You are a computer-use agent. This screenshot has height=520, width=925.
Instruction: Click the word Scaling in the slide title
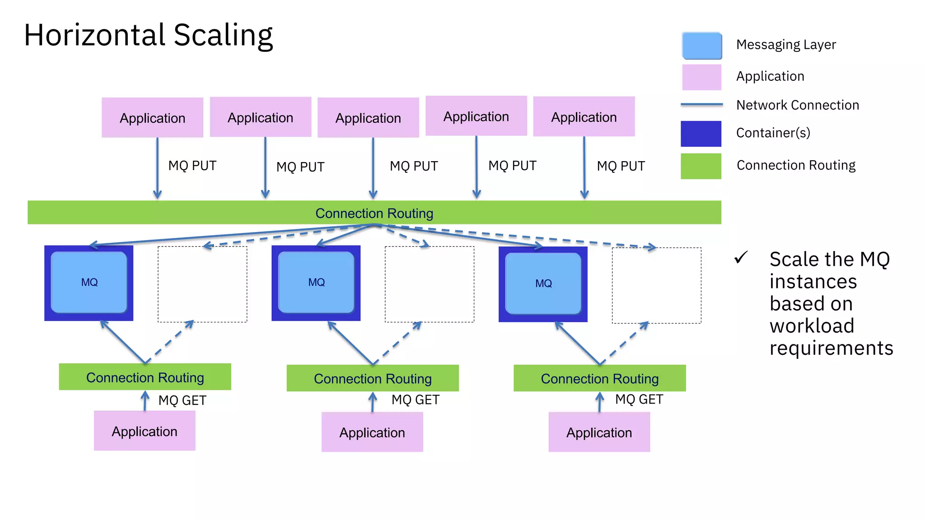point(223,35)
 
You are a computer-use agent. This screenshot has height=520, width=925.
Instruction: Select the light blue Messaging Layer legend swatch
point(701,46)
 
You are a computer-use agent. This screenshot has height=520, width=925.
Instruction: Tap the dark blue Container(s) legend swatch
point(701,134)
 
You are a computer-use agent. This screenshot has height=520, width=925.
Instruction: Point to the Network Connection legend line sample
point(701,104)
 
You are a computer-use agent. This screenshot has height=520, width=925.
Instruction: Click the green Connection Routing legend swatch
point(701,166)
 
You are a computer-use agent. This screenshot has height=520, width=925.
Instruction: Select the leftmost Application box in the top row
point(152,117)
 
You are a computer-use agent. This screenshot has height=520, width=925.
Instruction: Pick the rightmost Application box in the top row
point(584,116)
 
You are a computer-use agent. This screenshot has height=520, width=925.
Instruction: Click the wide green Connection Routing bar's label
point(374,213)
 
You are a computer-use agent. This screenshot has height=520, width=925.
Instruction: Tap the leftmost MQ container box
point(89,283)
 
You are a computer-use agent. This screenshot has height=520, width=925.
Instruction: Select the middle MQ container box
point(316,283)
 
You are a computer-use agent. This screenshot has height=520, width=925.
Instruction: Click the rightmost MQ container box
point(543,283)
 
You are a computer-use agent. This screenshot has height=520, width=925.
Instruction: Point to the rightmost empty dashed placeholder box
point(656,285)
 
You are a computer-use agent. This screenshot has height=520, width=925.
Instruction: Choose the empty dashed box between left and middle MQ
point(202,284)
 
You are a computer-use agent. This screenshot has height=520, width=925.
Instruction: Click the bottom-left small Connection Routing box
point(145,377)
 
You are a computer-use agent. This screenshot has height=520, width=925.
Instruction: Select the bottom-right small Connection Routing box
point(599,378)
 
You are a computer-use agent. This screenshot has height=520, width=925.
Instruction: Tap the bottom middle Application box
point(372,432)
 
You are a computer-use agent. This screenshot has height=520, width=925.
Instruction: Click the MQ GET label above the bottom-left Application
point(182,400)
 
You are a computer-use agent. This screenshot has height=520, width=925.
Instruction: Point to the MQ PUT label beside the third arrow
point(414,166)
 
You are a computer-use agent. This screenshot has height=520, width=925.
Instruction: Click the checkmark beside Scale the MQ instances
point(741,257)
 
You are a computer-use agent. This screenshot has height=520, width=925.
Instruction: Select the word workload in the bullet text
point(812,326)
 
